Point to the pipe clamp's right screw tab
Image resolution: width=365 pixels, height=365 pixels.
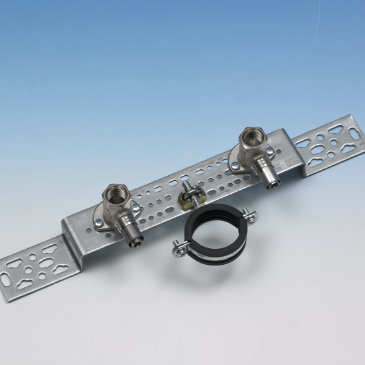(249, 213)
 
